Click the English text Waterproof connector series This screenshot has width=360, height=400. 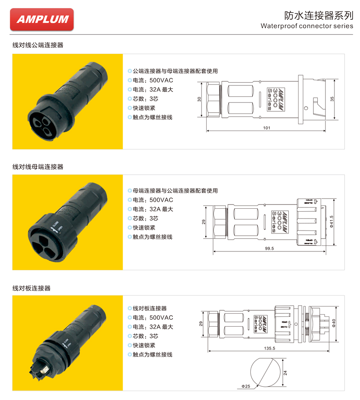point(307,26)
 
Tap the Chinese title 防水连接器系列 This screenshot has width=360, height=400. point(319,15)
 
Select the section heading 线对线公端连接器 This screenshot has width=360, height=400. point(38,44)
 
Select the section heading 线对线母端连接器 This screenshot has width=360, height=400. point(38,166)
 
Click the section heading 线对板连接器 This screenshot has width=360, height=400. point(32,288)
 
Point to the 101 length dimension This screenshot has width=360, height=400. point(266,128)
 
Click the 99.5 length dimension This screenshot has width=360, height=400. point(269,248)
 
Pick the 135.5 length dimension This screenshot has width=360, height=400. point(269,348)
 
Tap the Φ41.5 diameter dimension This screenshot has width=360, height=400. point(332,222)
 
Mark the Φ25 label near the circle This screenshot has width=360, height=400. point(246,386)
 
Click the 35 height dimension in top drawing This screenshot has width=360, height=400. point(332,99)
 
